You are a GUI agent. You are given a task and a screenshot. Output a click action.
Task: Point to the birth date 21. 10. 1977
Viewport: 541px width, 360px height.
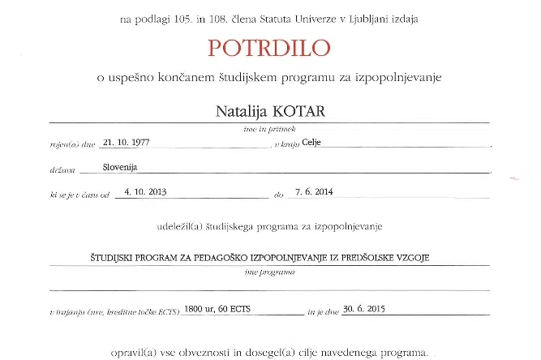pyautogui.click(x=127, y=142)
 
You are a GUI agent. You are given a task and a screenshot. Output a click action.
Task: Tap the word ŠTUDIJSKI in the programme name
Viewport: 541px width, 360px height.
pyautogui.click(x=114, y=256)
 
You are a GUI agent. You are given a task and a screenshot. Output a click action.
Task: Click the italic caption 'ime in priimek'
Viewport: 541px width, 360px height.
pyautogui.click(x=270, y=128)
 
